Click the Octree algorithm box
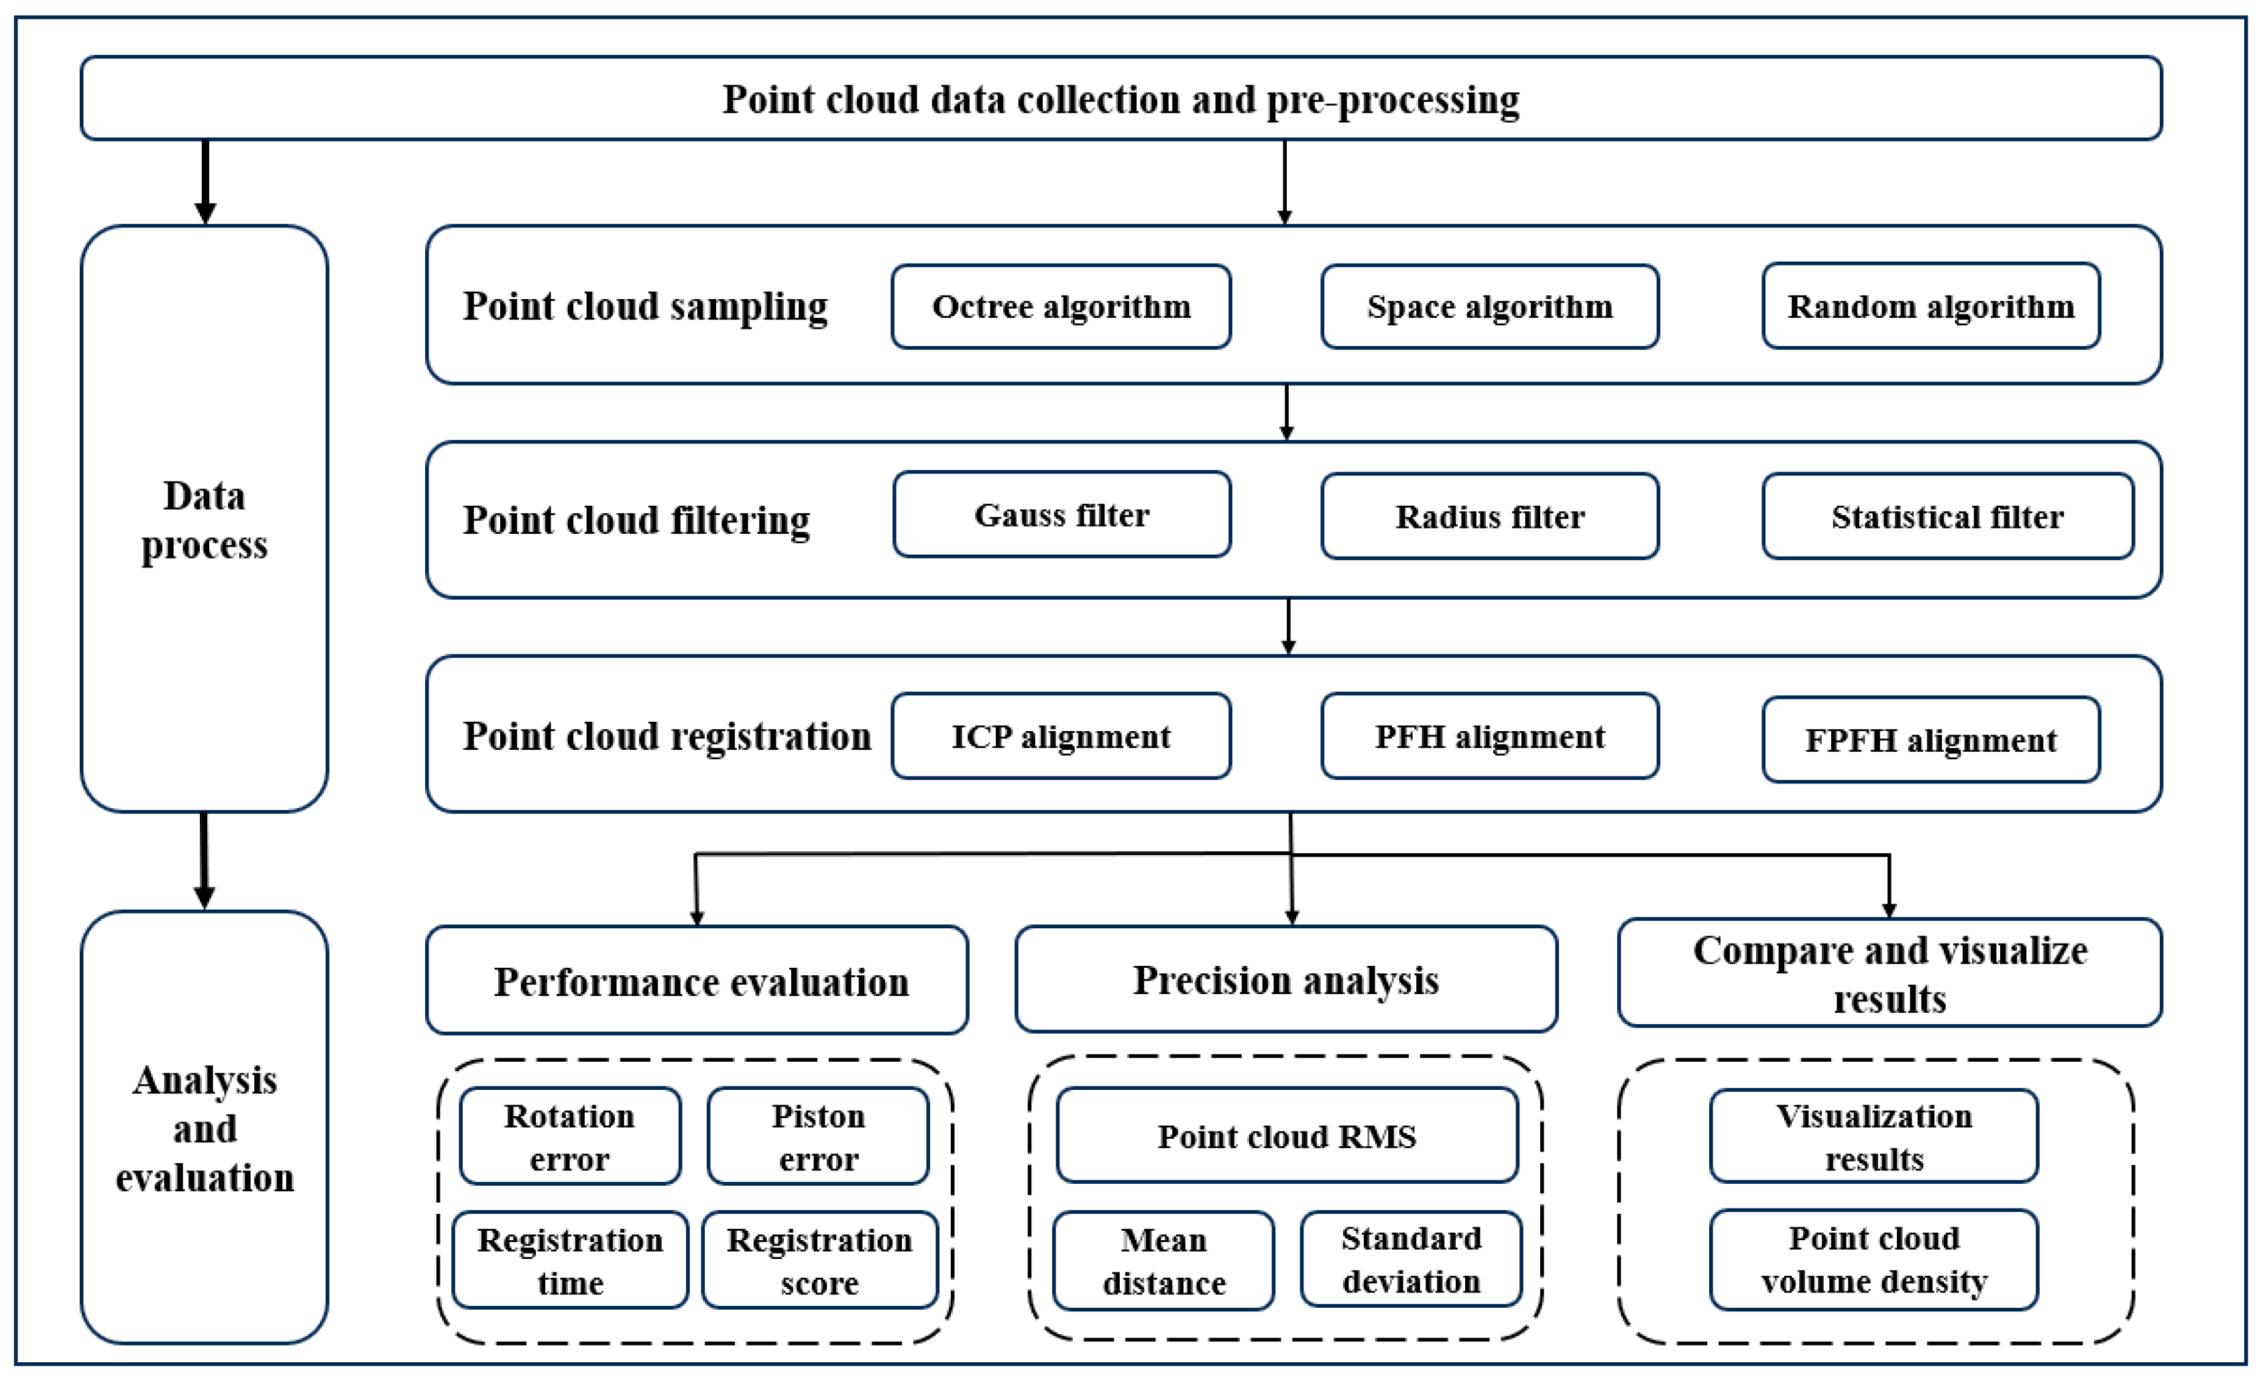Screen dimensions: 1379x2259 [x=1061, y=307]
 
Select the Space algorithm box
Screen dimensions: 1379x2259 [x=1490, y=307]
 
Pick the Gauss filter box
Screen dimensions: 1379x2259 [x=1061, y=514]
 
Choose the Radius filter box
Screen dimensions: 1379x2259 [x=1490, y=516]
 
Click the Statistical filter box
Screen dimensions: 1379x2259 [x=1947, y=516]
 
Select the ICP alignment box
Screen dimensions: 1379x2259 [x=1061, y=736]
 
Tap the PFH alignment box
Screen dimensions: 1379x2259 [x=1490, y=736]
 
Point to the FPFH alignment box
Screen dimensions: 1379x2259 [x=1931, y=740]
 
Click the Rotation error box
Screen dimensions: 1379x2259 [x=569, y=1136]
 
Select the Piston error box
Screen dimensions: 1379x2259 [x=818, y=1136]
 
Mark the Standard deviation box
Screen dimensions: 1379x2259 [x=1411, y=1258]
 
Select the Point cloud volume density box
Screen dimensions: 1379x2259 [x=1874, y=1259]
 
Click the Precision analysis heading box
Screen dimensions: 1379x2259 [x=1286, y=979]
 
